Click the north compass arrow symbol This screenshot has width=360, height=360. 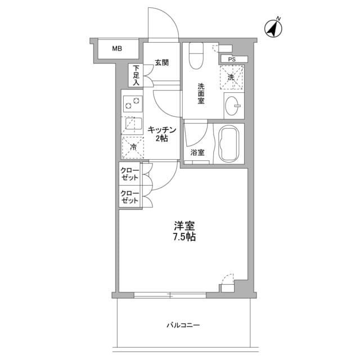pyautogui.click(x=274, y=29)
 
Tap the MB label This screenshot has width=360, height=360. pyautogui.click(x=116, y=49)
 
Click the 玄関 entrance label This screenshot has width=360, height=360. pyautogui.click(x=161, y=62)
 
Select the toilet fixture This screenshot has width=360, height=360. pyautogui.click(x=196, y=55)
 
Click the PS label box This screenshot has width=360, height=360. pyautogui.click(x=232, y=59)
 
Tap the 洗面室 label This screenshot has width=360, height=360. pyautogui.click(x=201, y=93)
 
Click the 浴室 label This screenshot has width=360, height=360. pyautogui.click(x=197, y=152)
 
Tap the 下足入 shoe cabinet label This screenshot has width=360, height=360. pyautogui.click(x=136, y=76)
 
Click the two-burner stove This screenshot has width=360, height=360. pyautogui.click(x=133, y=104)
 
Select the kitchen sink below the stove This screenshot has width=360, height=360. pyautogui.click(x=133, y=124)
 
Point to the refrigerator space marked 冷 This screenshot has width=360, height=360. pyautogui.click(x=133, y=146)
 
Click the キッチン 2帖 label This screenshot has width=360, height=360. pyautogui.click(x=162, y=134)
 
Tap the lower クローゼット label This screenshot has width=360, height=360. pyautogui.click(x=130, y=197)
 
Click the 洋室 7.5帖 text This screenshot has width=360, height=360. pyautogui.click(x=184, y=231)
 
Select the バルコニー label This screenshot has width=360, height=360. pyautogui.click(x=183, y=325)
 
